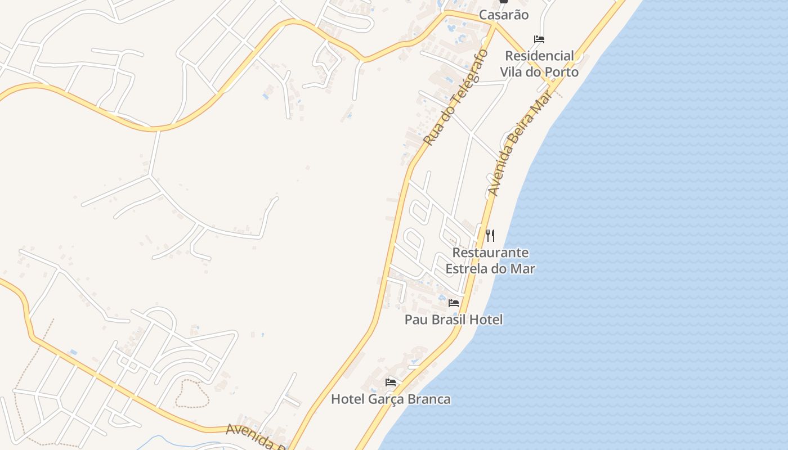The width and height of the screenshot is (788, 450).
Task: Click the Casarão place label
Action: [504, 15]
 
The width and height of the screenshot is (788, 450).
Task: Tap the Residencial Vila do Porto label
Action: [539, 64]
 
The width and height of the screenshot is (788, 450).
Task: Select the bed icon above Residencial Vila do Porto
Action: [539, 39]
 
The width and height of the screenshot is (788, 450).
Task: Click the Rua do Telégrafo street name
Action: [455, 97]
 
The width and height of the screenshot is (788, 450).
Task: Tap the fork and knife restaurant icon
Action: [490, 236]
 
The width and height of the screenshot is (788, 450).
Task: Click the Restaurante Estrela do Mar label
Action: [490, 260]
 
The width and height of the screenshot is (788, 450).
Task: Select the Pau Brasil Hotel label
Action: [454, 319]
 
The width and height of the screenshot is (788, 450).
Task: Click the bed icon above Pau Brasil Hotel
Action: [454, 303]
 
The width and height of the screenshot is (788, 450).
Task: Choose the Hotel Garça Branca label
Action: [391, 399]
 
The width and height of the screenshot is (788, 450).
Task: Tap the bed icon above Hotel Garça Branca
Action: [391, 382]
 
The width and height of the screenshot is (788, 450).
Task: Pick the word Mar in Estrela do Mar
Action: [522, 269]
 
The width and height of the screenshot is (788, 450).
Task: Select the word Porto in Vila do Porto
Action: [559, 73]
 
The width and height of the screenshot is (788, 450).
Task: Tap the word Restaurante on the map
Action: [490, 253]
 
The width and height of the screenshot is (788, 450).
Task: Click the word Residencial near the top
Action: [539, 56]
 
